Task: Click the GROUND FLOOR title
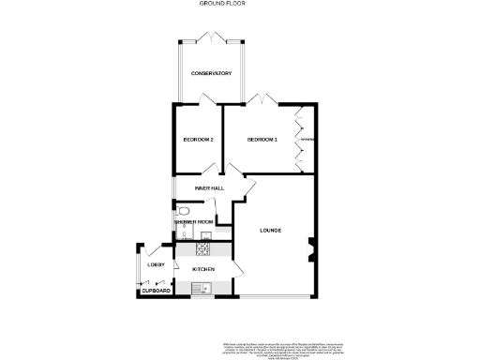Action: point(216,4)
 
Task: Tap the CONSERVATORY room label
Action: point(211,74)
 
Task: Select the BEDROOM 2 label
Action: point(198,140)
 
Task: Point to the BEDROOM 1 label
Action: point(262,140)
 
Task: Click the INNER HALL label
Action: point(208,188)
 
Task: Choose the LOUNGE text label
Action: point(271,230)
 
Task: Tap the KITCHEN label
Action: point(203,270)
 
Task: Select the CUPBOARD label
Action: point(156,292)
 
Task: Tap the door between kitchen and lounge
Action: point(238,269)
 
